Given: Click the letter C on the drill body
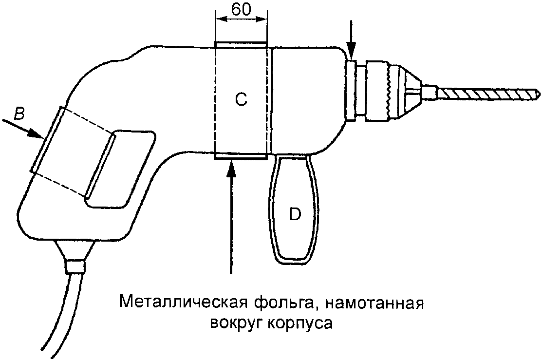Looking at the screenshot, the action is (x=241, y=99).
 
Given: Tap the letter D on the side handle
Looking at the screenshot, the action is (x=294, y=214).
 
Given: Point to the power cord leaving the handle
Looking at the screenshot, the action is (x=68, y=312).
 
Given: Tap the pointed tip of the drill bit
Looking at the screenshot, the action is (x=536, y=91).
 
